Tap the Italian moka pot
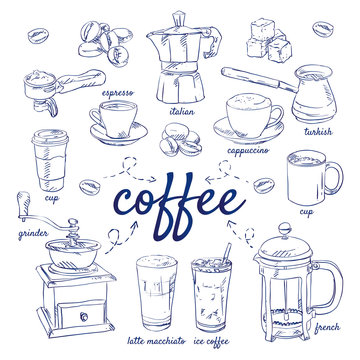click(181, 60)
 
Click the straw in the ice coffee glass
click(228, 253)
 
